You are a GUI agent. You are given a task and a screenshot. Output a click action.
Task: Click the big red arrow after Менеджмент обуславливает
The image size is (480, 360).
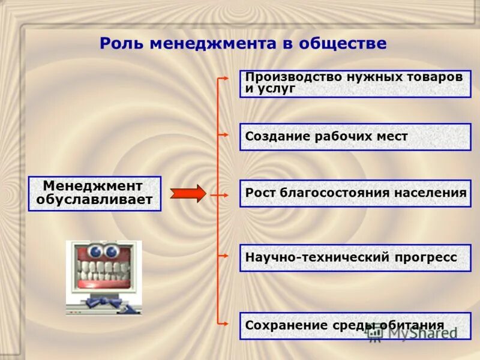pyautogui.click(x=188, y=194)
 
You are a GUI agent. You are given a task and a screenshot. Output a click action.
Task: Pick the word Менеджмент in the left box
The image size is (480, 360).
pyautogui.click(x=93, y=186)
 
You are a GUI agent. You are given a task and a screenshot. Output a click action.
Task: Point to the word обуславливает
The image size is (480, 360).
pyautogui.click(x=94, y=200)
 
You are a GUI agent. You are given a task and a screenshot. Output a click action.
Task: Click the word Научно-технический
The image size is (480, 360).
pyautogui.click(x=308, y=257)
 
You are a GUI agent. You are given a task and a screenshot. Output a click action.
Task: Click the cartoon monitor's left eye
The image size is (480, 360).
pyautogui.click(x=95, y=251)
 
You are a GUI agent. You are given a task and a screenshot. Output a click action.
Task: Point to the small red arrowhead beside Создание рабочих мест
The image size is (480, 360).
pyautogui.click(x=224, y=135)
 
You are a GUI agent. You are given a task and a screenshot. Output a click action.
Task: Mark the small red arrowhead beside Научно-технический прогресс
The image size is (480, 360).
pyautogui.click(x=224, y=256)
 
